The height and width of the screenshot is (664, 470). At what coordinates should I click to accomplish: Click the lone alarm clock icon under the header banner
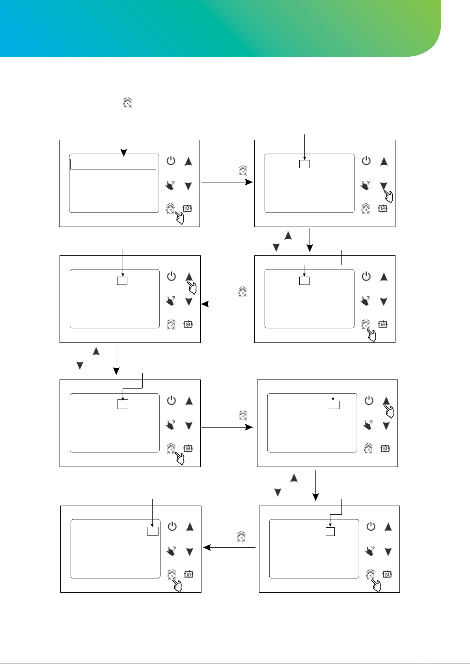(127, 102)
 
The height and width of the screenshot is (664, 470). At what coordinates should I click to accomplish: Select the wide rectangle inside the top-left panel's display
(113, 164)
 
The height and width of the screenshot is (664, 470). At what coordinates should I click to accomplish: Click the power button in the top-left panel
(171, 161)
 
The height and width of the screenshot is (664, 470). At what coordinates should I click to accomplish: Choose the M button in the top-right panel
(382, 209)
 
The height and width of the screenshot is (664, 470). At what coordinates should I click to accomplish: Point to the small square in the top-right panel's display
(304, 164)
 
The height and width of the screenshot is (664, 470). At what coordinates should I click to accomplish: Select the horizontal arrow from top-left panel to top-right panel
(227, 182)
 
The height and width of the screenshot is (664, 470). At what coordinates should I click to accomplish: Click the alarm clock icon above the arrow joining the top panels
(243, 171)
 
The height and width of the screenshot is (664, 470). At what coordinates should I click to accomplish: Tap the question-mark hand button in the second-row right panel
(366, 301)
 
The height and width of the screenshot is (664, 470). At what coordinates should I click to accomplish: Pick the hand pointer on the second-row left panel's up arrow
(192, 288)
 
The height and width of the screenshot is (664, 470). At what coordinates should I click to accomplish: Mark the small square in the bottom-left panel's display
(153, 531)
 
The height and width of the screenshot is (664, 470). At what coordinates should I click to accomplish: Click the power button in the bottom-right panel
(371, 526)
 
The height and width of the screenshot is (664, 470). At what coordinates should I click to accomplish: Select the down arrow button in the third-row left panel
(189, 426)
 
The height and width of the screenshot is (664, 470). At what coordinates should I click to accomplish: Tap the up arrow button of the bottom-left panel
(190, 527)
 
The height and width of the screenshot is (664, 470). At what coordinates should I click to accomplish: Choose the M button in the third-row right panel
(385, 448)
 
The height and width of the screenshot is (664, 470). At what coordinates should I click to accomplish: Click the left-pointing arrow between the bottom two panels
(229, 547)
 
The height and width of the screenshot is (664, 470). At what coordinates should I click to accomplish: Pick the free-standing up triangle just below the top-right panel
(288, 235)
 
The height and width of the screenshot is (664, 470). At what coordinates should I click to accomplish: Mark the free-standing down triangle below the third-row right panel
(278, 492)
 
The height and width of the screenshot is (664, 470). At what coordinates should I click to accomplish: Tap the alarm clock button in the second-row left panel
(171, 324)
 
